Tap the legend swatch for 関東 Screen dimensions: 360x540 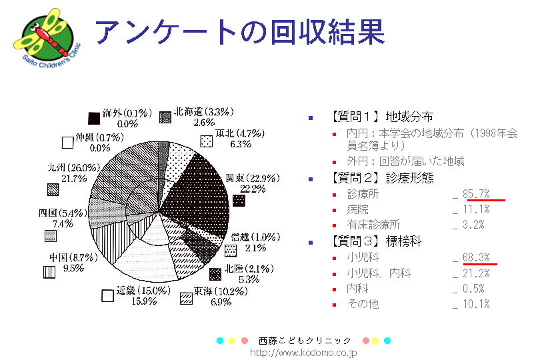(x=239, y=201)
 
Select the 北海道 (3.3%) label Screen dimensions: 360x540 (x=203, y=113)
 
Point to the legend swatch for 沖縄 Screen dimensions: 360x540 (x=67, y=142)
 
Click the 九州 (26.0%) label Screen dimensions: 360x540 (x=74, y=167)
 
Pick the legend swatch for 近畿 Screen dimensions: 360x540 (x=107, y=296)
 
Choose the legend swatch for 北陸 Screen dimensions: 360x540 (x=215, y=274)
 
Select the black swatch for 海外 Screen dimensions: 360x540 (x=95, y=117)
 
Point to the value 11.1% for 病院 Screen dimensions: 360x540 (x=477, y=209)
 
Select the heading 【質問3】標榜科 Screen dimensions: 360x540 (x=376, y=241)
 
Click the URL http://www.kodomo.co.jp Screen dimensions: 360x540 (x=303, y=352)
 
